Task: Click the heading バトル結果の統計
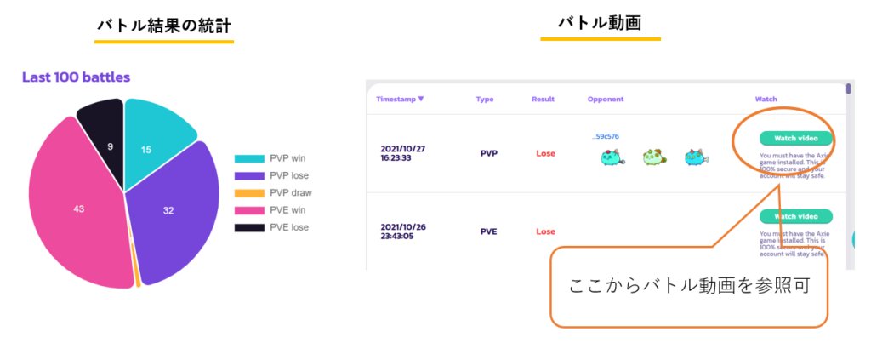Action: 164,26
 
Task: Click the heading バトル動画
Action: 600,23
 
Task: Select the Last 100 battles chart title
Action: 76,77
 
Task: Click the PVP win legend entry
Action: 272,158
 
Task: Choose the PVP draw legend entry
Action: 273,192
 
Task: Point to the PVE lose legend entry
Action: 272,227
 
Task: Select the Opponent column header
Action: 606,99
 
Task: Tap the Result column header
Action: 543,99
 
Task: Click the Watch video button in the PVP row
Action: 795,139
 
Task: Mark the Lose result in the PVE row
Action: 545,231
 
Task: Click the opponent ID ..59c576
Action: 606,136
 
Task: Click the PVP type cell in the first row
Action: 489,153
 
